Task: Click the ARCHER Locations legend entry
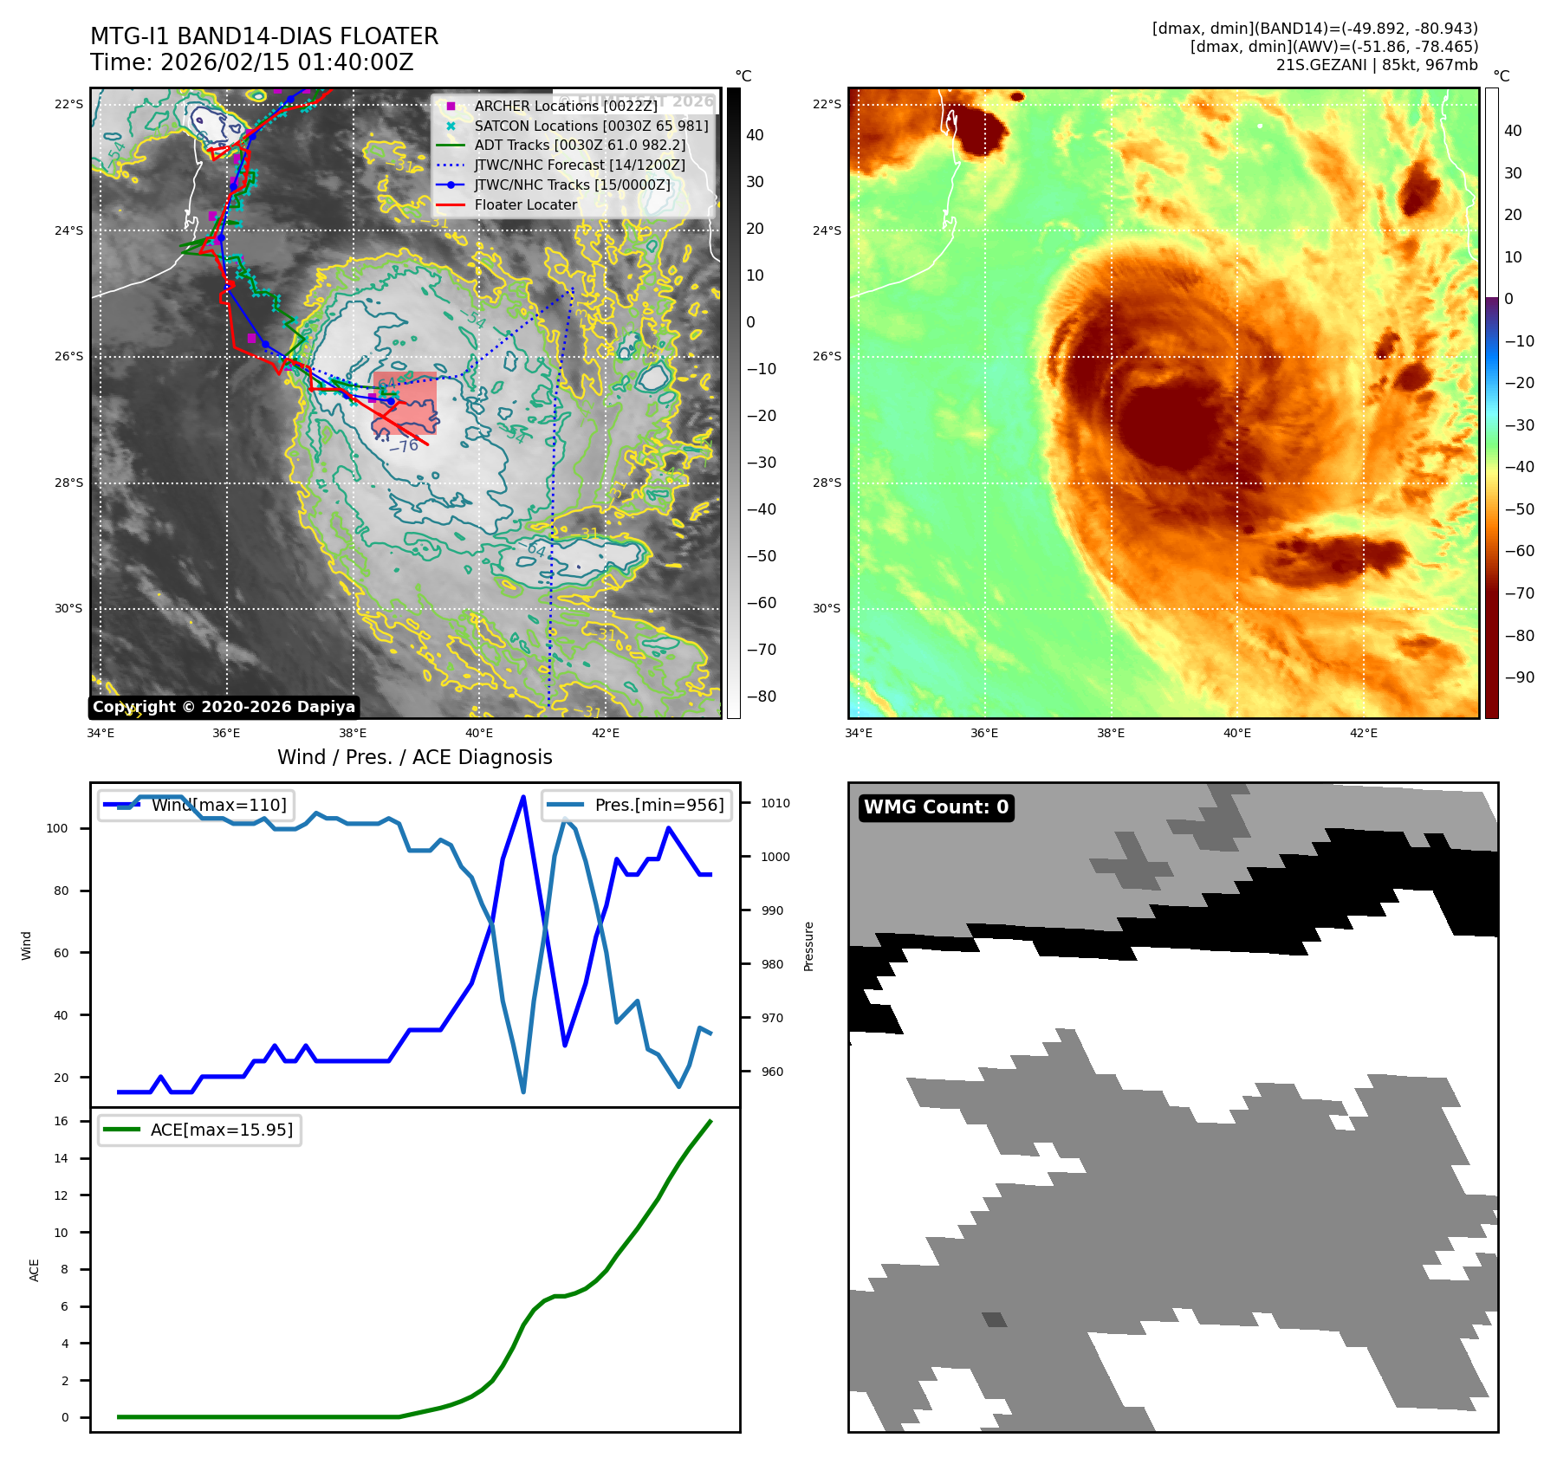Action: [566, 106]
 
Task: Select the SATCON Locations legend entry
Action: [591, 126]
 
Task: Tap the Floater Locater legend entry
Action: [525, 204]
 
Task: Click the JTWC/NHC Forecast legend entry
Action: [580, 165]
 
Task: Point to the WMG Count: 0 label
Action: [936, 807]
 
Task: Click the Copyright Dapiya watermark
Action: [224, 707]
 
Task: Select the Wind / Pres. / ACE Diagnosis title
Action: [414, 757]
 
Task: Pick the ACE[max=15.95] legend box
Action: [200, 1130]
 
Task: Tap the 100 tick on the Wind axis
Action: [57, 828]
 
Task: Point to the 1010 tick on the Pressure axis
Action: [775, 803]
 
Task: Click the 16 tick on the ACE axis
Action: [61, 1121]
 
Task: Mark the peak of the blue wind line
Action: [523, 796]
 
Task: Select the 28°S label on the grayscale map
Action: [69, 483]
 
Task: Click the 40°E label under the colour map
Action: [1236, 733]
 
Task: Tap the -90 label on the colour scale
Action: [1519, 677]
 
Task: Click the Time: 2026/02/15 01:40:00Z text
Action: [251, 62]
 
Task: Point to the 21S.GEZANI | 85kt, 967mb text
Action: [1377, 65]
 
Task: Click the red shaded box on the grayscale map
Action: [405, 403]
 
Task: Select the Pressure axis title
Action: [808, 946]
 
